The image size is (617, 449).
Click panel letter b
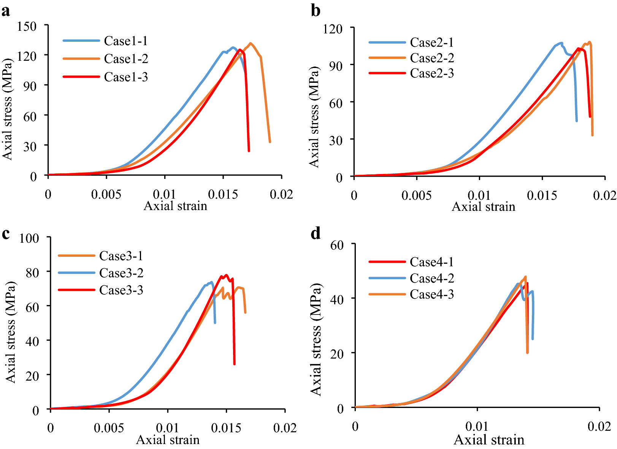(x=315, y=11)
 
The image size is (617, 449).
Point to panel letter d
(x=315, y=233)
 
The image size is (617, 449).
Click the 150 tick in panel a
(x=27, y=26)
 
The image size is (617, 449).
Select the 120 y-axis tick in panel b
(x=333, y=29)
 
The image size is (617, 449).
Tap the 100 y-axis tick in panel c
(x=29, y=238)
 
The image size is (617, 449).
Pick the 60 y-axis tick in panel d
(x=337, y=245)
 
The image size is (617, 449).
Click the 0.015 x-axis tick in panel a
(x=223, y=194)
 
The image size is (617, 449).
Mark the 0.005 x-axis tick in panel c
(x=109, y=428)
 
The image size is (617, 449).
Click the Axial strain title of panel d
(x=489, y=440)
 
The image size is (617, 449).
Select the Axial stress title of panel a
(x=8, y=109)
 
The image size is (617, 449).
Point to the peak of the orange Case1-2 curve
(x=251, y=43)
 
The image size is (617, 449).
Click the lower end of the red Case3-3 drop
(x=234, y=364)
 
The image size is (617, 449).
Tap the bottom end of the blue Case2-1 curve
(x=577, y=121)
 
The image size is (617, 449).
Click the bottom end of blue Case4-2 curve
(x=532, y=339)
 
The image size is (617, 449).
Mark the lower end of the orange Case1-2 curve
(x=270, y=142)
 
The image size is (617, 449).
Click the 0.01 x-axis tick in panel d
(x=477, y=426)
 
